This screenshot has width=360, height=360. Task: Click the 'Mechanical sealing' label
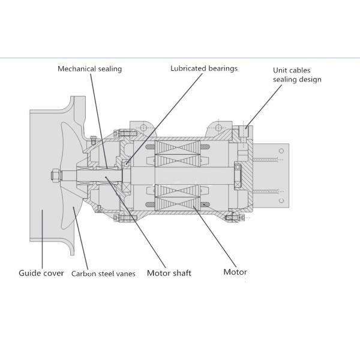pyautogui.click(x=89, y=68)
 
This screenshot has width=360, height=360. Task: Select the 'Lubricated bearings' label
pyautogui.click(x=204, y=68)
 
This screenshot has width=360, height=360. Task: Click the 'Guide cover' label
pyautogui.click(x=41, y=273)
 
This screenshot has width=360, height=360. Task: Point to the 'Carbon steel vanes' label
pyautogui.click(x=103, y=274)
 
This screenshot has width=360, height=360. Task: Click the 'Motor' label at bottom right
pyautogui.click(x=235, y=272)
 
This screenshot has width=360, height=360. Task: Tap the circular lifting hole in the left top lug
pyautogui.click(x=143, y=128)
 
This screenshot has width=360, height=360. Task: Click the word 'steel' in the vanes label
pyautogui.click(x=106, y=274)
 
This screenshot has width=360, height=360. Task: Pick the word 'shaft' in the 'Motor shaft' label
pyautogui.click(x=181, y=273)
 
